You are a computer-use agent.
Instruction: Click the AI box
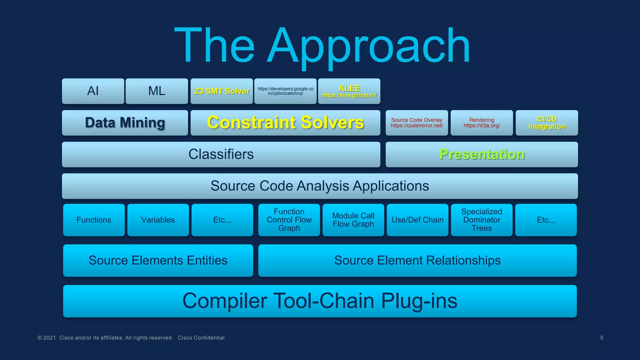coord(93,91)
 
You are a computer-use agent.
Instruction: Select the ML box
coord(157,91)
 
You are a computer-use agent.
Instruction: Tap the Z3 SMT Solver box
coord(222,91)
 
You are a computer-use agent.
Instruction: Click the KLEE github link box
coord(349,91)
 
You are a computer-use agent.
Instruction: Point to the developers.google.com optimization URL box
coord(285,91)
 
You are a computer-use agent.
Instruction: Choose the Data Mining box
coord(125,122)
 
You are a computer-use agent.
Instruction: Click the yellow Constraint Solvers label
coord(285,122)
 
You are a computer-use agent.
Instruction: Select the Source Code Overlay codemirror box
coord(417,122)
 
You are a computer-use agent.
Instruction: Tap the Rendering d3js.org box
coord(482,122)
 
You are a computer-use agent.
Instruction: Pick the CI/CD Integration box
coord(547,122)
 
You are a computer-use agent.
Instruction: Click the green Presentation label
coord(482,154)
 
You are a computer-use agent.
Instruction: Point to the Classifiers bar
coord(221,154)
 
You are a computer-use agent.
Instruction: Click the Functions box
coord(94,220)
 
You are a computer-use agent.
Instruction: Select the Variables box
coord(158,220)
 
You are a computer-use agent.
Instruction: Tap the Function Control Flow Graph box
coord(289,220)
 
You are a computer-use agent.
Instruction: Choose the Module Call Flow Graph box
coord(353,220)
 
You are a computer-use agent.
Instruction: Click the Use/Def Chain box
coord(417,220)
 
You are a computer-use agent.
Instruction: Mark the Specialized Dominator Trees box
coord(482,220)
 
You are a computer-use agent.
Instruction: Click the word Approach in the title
coord(369,47)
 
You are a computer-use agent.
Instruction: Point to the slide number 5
coord(602,338)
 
